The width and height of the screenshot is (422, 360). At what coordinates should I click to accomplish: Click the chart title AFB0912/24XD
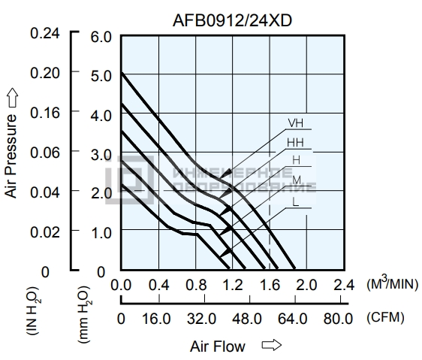point(232,20)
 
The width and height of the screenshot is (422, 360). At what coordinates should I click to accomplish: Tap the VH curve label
point(296,123)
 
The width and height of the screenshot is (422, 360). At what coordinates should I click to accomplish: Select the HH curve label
point(295,143)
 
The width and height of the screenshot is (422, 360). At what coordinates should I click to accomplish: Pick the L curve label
point(296,202)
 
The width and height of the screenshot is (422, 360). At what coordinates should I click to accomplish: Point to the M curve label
point(297,180)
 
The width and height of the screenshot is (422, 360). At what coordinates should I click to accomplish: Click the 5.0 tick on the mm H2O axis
point(101,76)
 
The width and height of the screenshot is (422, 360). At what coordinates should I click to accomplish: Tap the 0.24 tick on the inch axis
point(44,34)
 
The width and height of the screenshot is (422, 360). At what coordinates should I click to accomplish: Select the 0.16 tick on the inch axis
point(44,113)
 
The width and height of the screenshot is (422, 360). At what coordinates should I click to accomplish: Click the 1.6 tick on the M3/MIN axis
point(270,285)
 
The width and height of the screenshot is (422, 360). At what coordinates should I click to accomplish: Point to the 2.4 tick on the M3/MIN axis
point(344,285)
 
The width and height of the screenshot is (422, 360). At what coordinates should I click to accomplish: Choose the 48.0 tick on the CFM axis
point(247,319)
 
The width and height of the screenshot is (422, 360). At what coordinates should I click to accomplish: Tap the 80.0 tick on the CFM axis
point(338,319)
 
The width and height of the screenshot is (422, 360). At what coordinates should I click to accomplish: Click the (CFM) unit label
point(385,317)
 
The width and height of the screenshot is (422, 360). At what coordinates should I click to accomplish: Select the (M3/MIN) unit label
point(393,283)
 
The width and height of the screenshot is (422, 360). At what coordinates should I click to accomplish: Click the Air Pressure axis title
point(11,156)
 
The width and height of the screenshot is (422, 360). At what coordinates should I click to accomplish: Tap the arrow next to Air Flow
point(272,345)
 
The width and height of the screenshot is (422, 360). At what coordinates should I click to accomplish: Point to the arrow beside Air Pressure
point(12,98)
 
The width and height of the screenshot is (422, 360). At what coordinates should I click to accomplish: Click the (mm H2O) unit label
point(85,314)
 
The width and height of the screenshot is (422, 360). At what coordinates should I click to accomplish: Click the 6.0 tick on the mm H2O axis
point(101,37)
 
